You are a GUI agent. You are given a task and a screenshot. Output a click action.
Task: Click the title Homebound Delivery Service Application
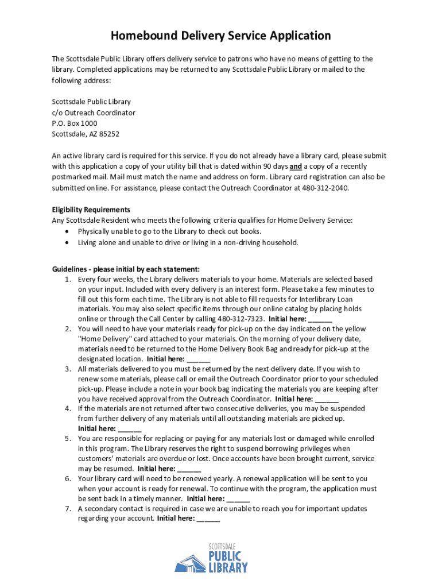click(221, 36)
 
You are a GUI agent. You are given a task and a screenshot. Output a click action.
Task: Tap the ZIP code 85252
click(107, 134)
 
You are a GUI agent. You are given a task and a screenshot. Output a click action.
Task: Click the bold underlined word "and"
click(296, 167)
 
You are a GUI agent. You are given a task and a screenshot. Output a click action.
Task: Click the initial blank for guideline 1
click(320, 320)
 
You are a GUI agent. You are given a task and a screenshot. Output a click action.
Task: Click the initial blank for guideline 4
click(130, 429)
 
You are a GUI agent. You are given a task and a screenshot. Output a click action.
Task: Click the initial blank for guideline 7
click(208, 519)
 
